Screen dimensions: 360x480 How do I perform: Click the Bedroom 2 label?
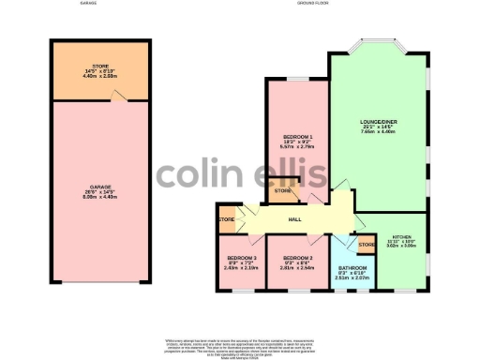pos(297,257)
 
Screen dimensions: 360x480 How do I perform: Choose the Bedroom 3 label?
pos(242,257)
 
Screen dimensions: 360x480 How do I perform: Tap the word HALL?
pos(294,219)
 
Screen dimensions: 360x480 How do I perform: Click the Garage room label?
pos(100,187)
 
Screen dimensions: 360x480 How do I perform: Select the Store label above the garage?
pos(100,67)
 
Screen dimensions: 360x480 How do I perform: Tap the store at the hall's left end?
pos(226,219)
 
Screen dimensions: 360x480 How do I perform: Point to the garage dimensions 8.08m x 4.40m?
pos(100,198)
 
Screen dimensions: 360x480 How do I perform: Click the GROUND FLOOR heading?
pos(316,4)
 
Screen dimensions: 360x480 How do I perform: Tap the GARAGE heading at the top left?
pos(89,4)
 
